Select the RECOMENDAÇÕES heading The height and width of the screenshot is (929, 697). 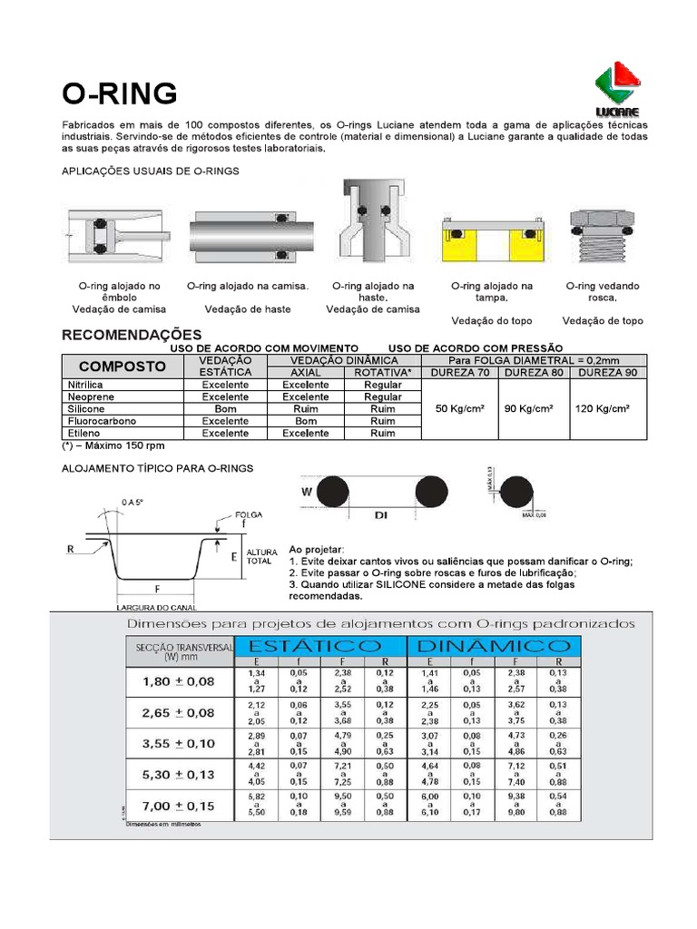tap(132, 335)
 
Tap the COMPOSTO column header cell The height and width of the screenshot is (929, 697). tap(123, 367)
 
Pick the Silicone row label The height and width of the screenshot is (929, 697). tap(81, 409)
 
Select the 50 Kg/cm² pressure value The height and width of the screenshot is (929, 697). tap(460, 408)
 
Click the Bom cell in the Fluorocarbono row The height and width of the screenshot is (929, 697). tap(306, 421)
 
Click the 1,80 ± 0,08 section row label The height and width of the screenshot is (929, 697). tap(179, 680)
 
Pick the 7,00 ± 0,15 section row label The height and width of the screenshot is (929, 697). tap(179, 806)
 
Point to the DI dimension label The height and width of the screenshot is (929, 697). tap(381, 514)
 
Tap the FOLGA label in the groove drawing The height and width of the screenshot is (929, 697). tap(248, 513)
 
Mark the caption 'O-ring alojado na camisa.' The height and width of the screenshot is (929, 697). tap(248, 286)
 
